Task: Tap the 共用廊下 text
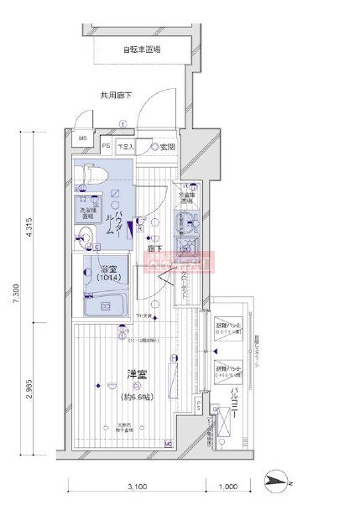116,96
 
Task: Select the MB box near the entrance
82,140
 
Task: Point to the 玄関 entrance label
166,147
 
